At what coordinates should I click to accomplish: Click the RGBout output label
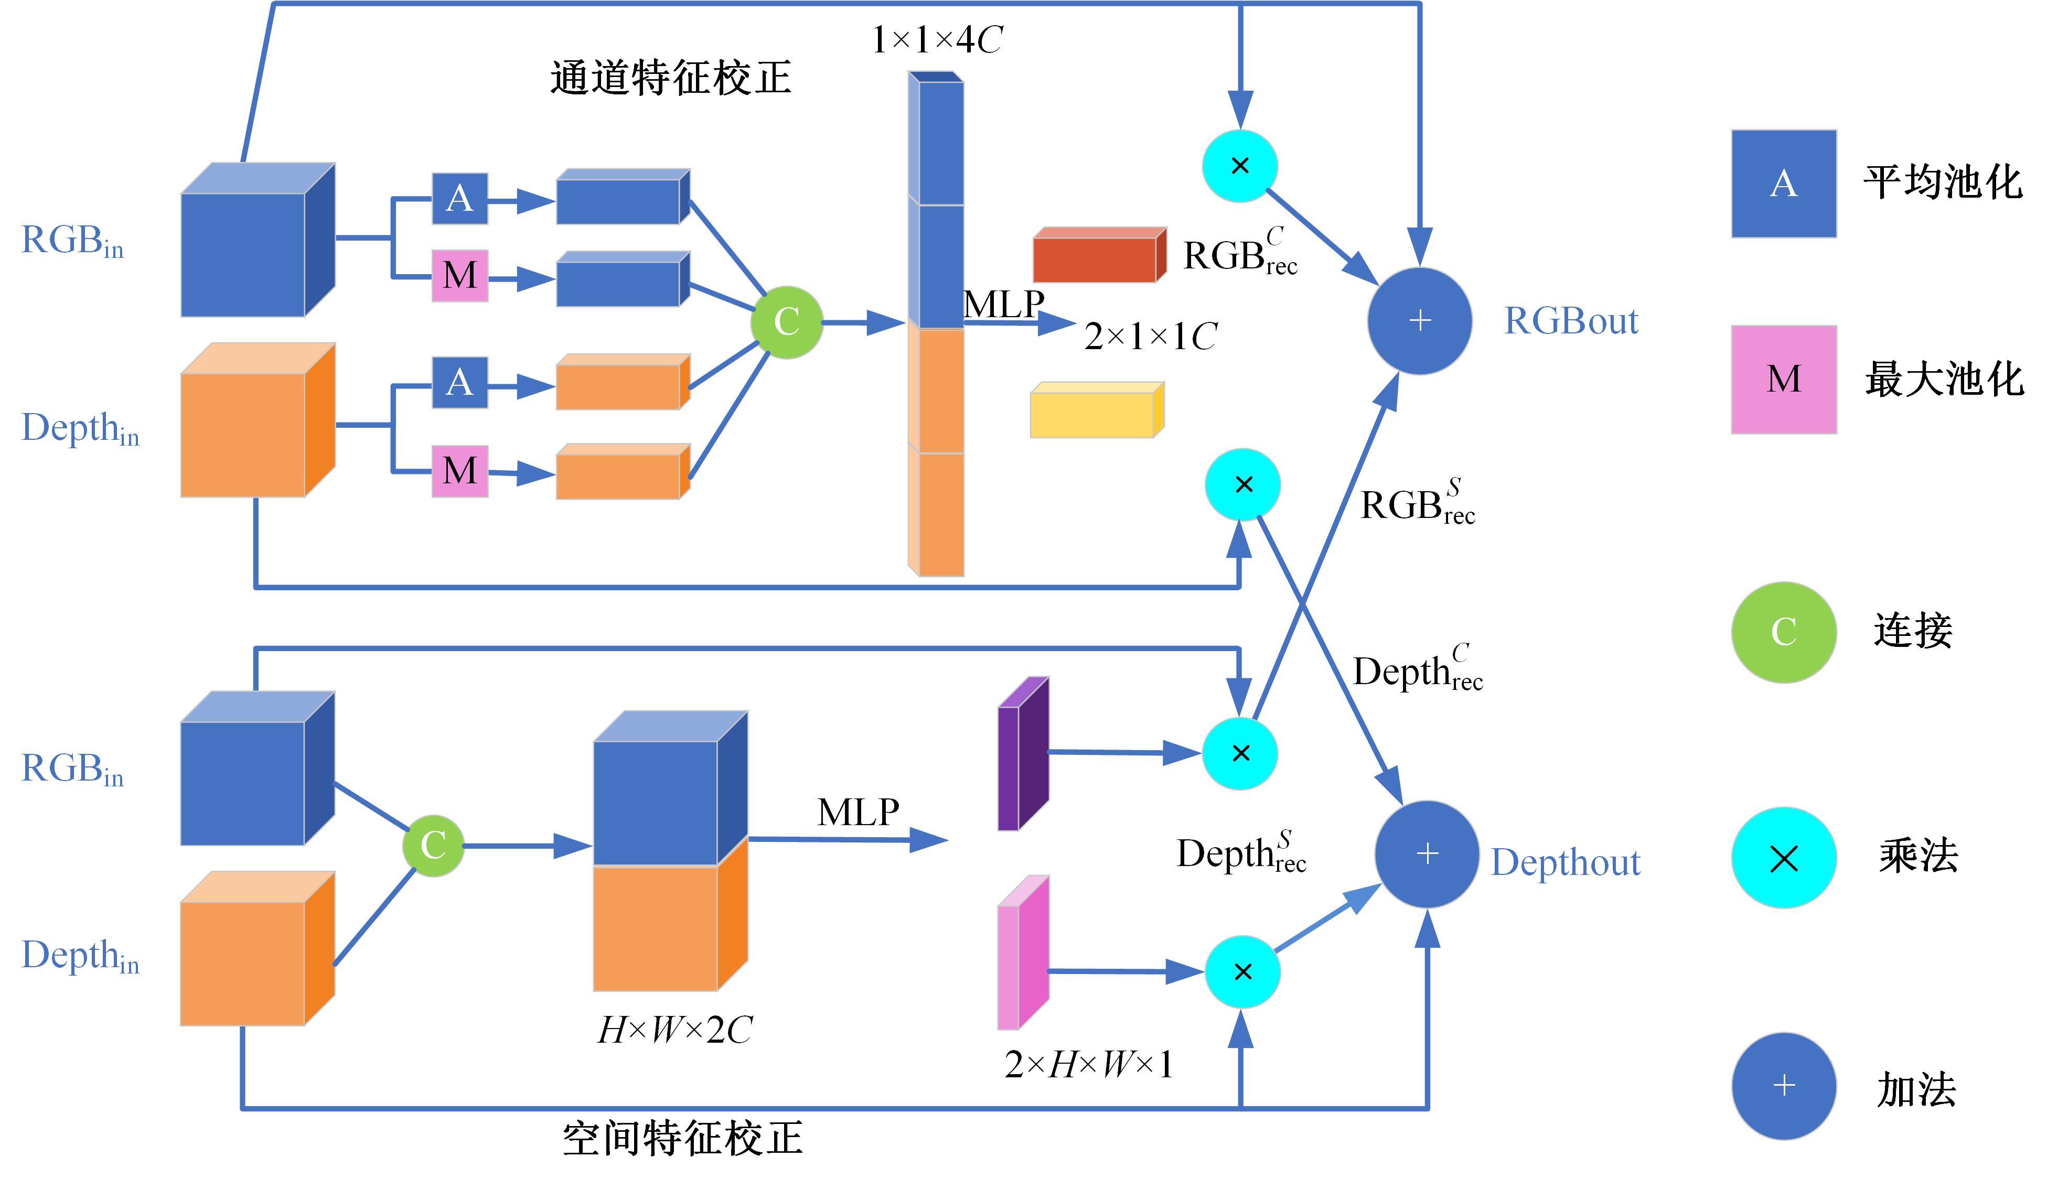pyautogui.click(x=1571, y=321)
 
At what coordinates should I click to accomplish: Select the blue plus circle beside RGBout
pyautogui.click(x=1419, y=321)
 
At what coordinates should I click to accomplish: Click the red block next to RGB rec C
pyautogui.click(x=1099, y=255)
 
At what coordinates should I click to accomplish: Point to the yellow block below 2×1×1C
pyautogui.click(x=1097, y=410)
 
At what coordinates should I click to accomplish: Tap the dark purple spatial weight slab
pyautogui.click(x=1023, y=754)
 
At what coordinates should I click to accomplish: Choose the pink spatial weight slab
pyautogui.click(x=1023, y=952)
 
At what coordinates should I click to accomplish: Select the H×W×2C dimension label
pyautogui.click(x=675, y=1030)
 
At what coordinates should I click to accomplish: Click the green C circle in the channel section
pyautogui.click(x=787, y=322)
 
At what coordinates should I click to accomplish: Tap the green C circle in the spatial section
pyautogui.click(x=433, y=846)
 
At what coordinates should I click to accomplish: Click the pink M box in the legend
pyautogui.click(x=1784, y=379)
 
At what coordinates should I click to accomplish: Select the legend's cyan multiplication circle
pyautogui.click(x=1784, y=858)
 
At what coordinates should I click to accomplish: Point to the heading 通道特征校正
pyautogui.click(x=671, y=78)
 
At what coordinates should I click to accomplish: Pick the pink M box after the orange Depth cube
pyautogui.click(x=460, y=470)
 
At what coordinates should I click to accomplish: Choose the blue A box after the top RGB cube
pyautogui.click(x=460, y=198)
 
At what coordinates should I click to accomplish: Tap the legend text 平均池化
pyautogui.click(x=1943, y=182)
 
